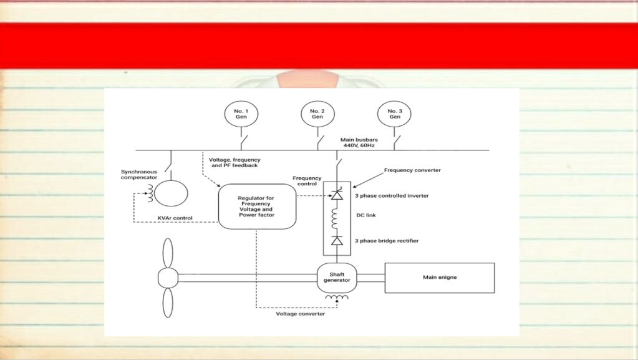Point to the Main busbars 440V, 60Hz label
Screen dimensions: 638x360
click(359, 142)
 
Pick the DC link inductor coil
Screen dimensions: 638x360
click(335, 219)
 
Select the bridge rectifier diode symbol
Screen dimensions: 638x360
click(337, 241)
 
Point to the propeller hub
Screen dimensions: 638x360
click(168, 278)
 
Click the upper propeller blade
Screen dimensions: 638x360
click(168, 253)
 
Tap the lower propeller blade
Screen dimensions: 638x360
click(168, 303)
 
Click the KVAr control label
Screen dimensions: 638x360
click(175, 218)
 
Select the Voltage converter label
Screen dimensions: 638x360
click(300, 314)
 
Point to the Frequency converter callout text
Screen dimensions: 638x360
click(412, 170)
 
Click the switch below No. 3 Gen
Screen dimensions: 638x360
click(396, 141)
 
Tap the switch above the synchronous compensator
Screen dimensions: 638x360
click(168, 167)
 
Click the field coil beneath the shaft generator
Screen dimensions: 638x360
click(337, 298)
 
